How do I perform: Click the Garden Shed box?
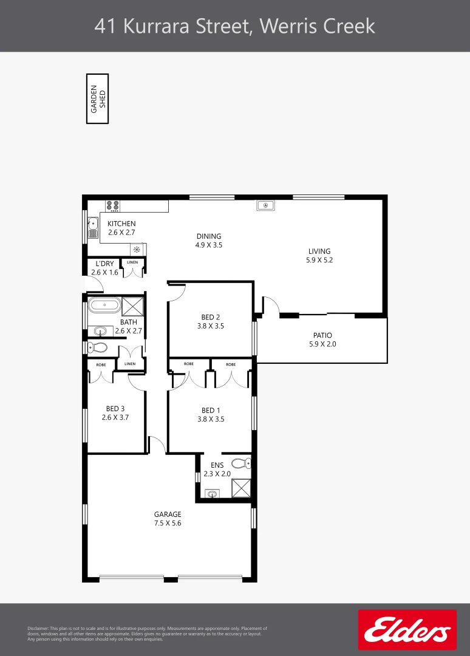[97, 98]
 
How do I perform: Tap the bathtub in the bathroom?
[104, 305]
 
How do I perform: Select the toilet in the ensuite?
[241, 463]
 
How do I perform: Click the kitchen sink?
[93, 227]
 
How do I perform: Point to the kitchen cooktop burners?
[112, 206]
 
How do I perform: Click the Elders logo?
[407, 630]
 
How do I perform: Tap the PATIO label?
[322, 335]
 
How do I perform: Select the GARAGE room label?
[167, 514]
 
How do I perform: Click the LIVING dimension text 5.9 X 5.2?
[319, 260]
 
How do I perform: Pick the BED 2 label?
[210, 317]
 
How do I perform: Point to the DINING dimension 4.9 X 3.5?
[209, 245]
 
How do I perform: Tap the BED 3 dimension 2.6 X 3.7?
[116, 418]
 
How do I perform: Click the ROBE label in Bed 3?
[101, 364]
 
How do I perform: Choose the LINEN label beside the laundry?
[132, 262]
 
